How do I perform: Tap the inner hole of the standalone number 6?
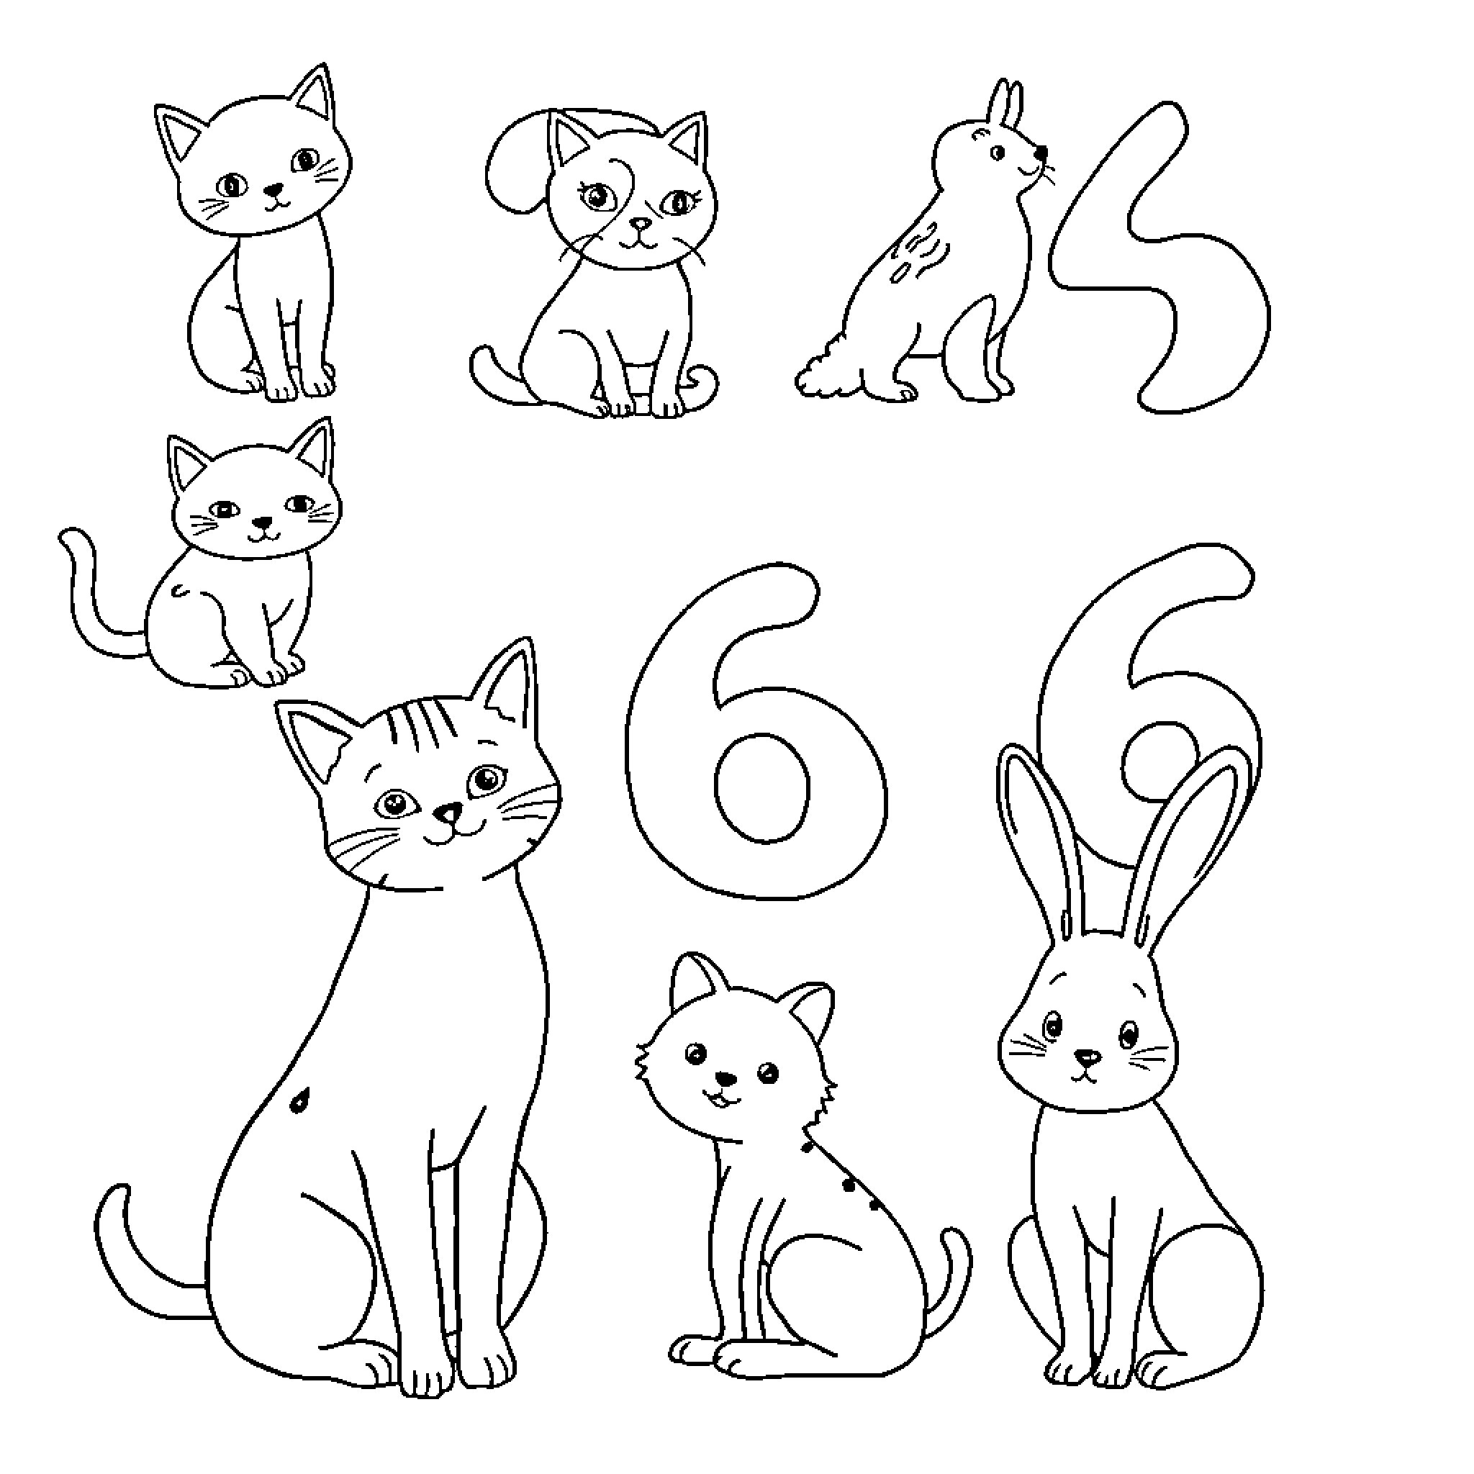761,787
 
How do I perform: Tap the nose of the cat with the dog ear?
643,225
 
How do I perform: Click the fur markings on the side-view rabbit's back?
919,248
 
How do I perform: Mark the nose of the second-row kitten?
263,523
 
